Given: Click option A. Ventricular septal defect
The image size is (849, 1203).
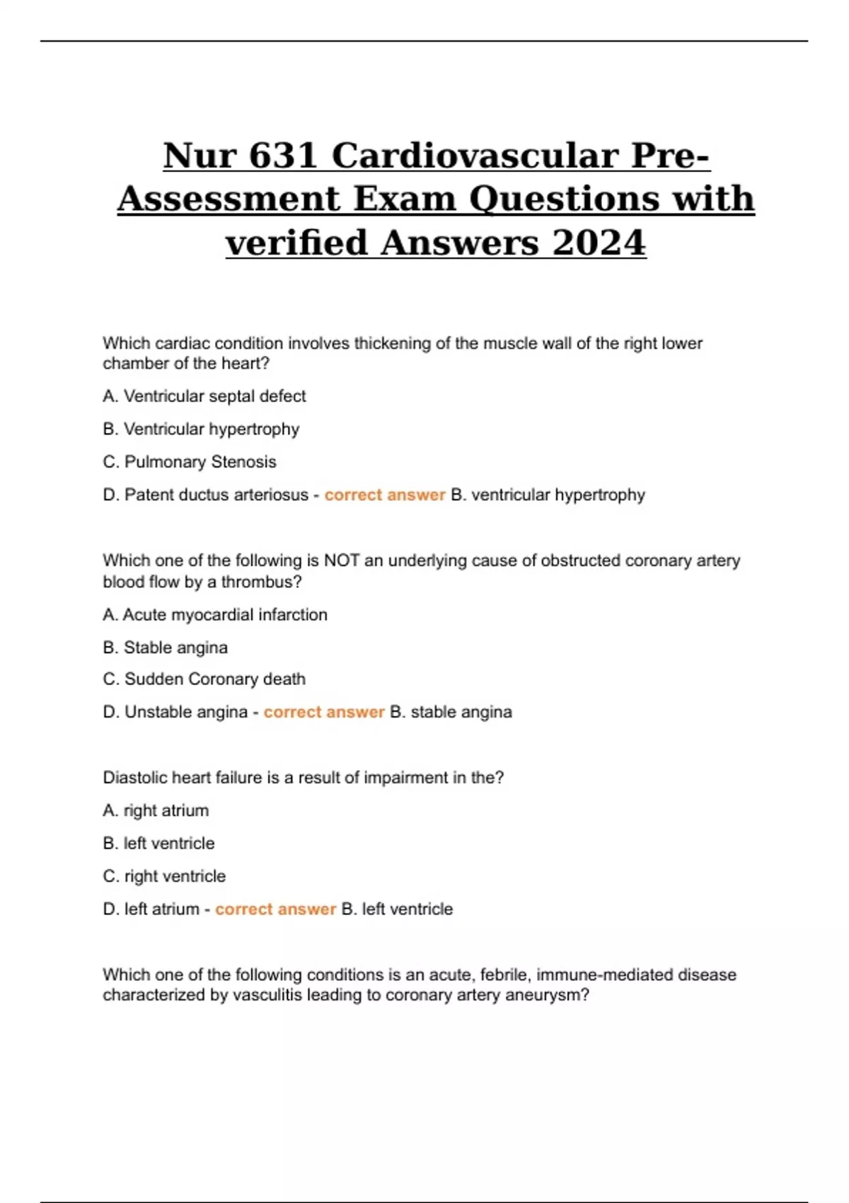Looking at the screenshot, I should click(x=204, y=396).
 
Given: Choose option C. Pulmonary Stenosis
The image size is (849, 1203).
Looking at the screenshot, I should click(x=190, y=462).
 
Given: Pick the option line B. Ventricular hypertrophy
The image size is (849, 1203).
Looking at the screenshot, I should click(x=201, y=430).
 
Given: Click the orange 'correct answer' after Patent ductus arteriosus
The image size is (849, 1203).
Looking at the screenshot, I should click(x=385, y=495).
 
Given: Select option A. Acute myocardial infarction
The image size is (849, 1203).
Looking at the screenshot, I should click(x=215, y=615).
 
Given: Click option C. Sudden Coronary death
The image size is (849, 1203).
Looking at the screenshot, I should click(x=204, y=679).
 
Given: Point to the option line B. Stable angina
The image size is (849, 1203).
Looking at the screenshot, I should click(x=166, y=647).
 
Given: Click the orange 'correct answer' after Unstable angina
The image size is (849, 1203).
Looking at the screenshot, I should click(x=324, y=712).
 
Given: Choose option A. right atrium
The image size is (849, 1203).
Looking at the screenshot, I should click(x=156, y=811).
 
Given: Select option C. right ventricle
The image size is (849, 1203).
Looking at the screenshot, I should click(x=164, y=876).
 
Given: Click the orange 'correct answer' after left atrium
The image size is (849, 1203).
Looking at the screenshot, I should click(x=275, y=909).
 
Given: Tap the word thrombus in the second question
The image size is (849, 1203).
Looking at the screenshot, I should click(x=261, y=582).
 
